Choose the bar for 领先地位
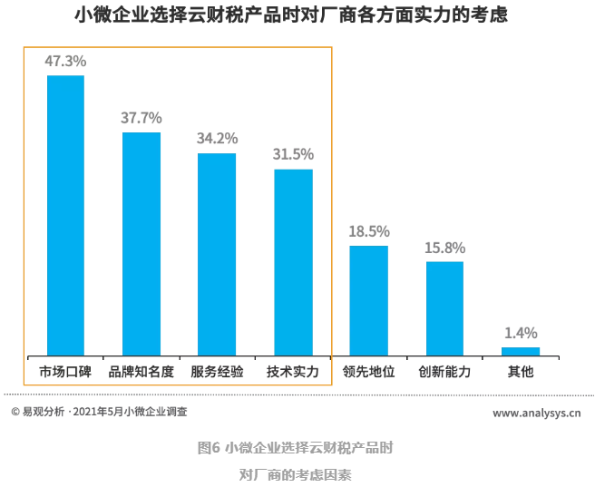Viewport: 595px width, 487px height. coord(369,299)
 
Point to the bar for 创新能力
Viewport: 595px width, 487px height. coord(444,307)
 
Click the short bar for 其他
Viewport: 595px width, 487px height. coord(521,350)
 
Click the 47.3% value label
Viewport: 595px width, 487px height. coord(65,61)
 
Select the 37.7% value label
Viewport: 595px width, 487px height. coord(141,118)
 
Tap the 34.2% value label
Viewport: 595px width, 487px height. coord(217,139)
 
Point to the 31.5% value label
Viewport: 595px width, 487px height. coord(293,154)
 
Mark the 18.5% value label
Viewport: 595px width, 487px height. coord(369,231)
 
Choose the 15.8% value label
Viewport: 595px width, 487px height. coord(444,248)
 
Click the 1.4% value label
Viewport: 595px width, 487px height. coord(521,333)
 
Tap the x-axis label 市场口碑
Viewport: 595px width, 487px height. coord(65,372)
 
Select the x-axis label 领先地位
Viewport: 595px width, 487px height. coord(369,372)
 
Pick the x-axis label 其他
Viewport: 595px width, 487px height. coord(521,372)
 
